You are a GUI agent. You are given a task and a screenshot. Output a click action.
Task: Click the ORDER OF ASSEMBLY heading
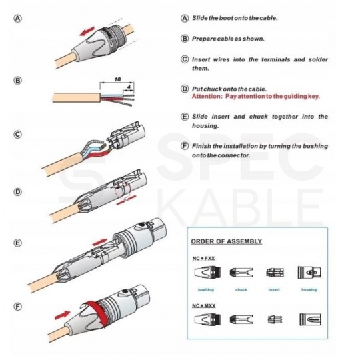pos(226,241)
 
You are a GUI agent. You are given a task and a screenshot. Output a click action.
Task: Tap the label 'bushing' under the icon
pos(205,289)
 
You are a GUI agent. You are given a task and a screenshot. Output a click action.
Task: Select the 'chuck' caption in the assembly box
pos(241,289)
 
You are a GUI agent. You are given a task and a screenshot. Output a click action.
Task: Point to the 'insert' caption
pos(273,289)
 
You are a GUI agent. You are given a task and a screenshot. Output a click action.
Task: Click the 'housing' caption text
pos(309,289)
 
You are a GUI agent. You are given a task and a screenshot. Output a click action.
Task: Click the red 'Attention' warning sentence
pos(255,96)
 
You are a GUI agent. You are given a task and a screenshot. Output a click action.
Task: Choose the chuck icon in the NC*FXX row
pos(241,273)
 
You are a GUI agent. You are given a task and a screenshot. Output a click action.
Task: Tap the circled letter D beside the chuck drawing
pos(17,191)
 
